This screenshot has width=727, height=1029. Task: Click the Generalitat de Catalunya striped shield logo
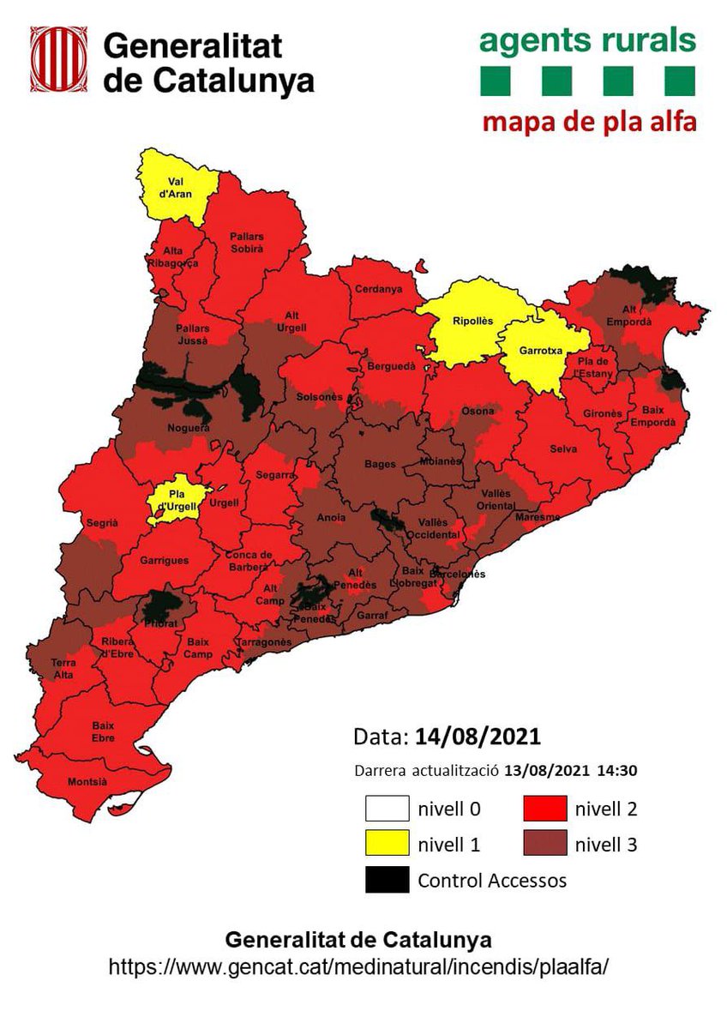58,63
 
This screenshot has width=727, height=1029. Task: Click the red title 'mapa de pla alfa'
588,120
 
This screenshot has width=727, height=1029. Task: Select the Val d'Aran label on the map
177,188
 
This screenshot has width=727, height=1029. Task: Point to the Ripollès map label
473,321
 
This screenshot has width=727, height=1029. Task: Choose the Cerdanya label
378,289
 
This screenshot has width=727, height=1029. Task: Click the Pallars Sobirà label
246,242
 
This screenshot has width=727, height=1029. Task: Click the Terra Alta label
63,668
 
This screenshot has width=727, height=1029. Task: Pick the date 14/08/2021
478,737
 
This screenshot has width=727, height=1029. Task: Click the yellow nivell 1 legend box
386,844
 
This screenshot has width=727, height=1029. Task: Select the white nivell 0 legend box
386,808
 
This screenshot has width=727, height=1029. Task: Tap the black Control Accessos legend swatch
386,880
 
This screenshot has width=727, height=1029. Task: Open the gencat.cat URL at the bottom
358,966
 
